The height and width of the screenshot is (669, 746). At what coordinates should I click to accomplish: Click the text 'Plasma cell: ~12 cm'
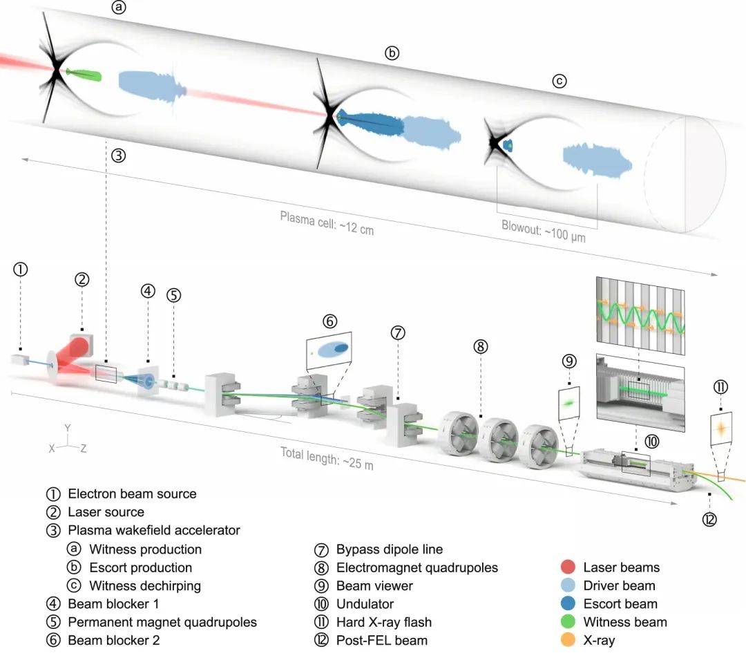(x=327, y=223)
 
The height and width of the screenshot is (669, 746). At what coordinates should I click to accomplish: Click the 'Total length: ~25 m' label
(x=327, y=458)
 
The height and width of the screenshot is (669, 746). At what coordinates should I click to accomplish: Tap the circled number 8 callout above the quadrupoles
(x=481, y=346)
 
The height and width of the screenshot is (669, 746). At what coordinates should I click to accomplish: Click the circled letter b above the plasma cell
(x=392, y=53)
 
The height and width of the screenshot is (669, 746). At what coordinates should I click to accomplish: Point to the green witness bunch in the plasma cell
(x=84, y=74)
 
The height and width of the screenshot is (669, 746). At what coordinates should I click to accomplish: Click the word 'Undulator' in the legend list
(x=365, y=604)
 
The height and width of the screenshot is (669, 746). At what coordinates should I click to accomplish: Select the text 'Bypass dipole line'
(x=390, y=549)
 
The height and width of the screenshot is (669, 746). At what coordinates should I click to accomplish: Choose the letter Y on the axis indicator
(x=67, y=428)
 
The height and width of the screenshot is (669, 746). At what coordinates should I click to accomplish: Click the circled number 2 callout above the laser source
(x=82, y=280)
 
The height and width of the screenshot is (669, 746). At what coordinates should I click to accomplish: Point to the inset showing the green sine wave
(x=639, y=315)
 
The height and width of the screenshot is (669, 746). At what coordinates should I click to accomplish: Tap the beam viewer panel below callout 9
(x=568, y=402)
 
